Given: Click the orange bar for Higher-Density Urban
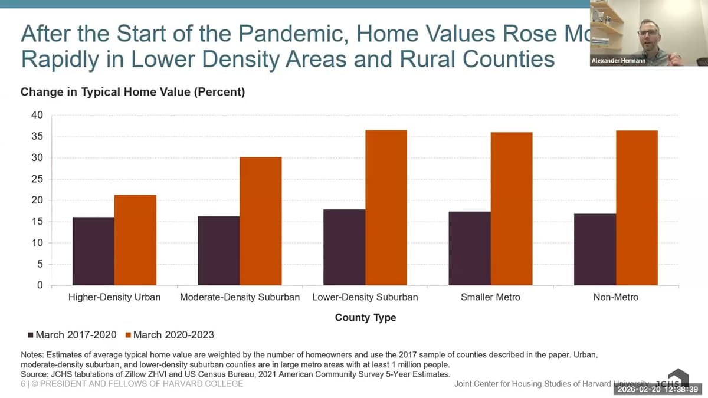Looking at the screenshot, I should coord(135,240).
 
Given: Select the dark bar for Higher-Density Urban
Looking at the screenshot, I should coord(93,251).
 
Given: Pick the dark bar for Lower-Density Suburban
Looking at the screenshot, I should coord(344,247).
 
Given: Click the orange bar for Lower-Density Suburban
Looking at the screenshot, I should coord(386,208).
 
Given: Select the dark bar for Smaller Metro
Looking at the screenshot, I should coord(470,248).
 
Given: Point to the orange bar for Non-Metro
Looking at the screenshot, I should coord(637,208).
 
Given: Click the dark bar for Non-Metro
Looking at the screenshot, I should coord(595,249).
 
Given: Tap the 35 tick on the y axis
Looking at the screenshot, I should coord(37,137).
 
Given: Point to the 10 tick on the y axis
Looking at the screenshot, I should coord(37,243).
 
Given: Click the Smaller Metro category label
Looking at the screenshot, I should coord(490,297).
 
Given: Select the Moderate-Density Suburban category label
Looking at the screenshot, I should coord(240,297).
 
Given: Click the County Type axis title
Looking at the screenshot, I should coord(365,318).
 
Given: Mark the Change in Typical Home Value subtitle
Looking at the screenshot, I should coord(133,92).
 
